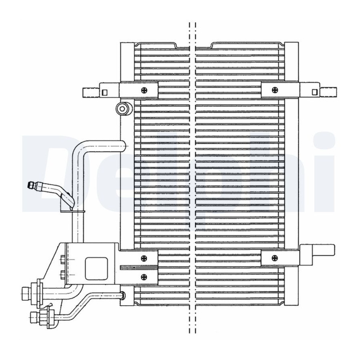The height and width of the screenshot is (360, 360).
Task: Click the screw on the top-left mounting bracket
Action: (x=144, y=90)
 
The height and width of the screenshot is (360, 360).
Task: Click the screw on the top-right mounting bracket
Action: (x=274, y=90)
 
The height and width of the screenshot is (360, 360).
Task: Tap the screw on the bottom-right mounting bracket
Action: (x=274, y=258)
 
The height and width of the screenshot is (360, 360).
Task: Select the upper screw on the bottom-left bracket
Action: (x=144, y=258)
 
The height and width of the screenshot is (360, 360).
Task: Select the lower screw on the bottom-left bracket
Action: (x=144, y=277)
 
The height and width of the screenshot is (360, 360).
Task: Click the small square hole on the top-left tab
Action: (x=104, y=92)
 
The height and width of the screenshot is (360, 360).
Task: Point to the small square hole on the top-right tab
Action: (x=314, y=92)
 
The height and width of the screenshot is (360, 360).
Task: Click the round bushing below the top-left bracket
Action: (x=123, y=108)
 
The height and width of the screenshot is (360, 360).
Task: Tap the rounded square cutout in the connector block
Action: (x=96, y=268)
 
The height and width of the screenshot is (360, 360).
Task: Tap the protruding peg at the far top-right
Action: (x=328, y=92)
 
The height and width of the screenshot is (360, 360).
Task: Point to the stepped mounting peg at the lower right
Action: (x=317, y=252)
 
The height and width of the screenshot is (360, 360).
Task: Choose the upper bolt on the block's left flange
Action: (x=63, y=260)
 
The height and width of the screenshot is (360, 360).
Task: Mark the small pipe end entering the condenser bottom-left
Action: (x=123, y=295)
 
